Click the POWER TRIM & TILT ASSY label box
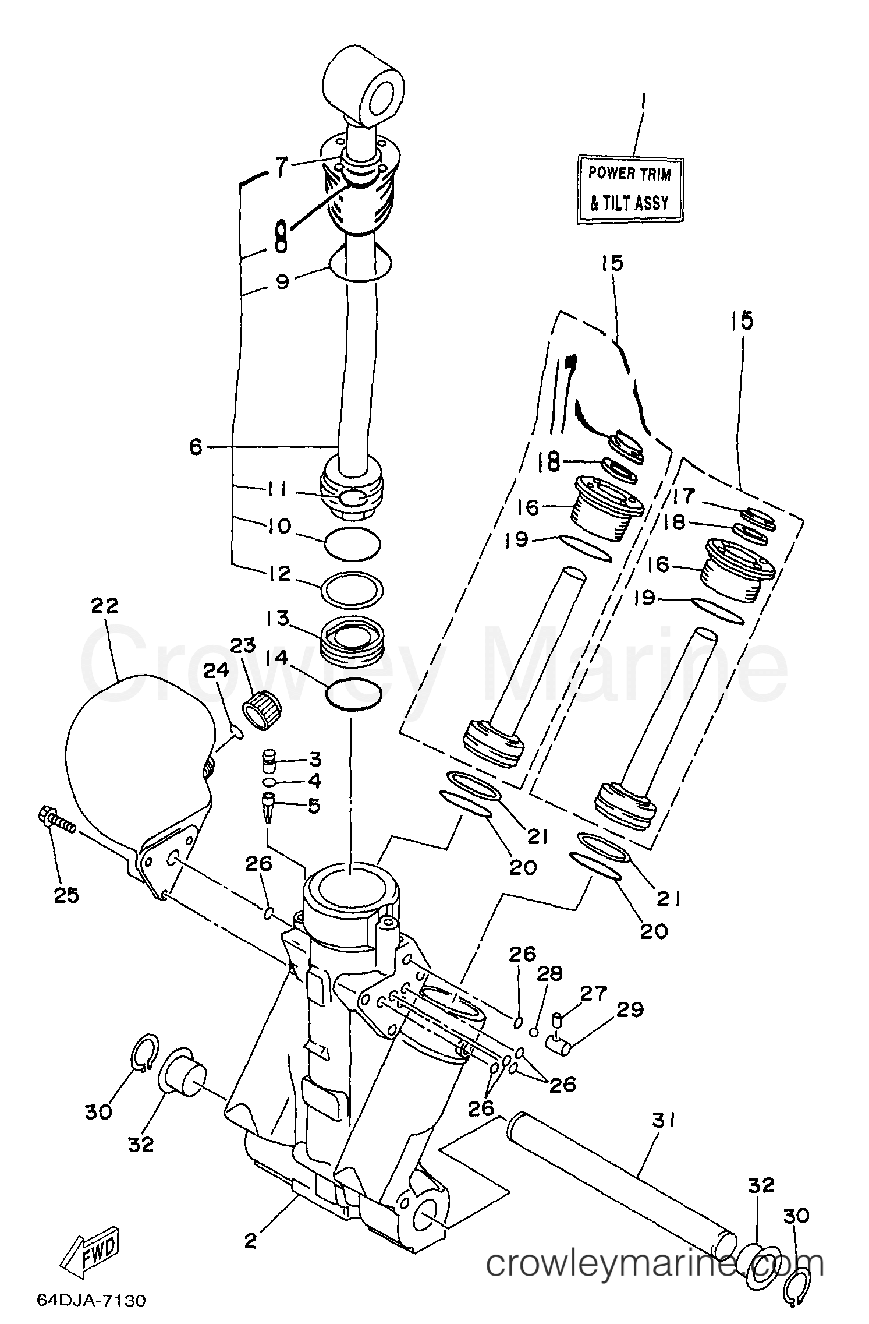630,189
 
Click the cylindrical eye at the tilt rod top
364,93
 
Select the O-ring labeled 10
352,544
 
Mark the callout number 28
550,973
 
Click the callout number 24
216,671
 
